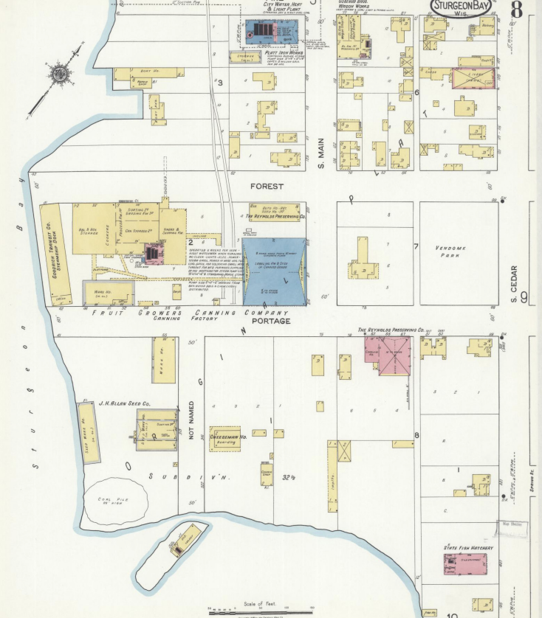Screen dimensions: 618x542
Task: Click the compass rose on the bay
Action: coord(58,74)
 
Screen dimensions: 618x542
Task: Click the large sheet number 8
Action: coord(515,10)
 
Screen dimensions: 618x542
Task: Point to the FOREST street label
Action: coord(267,187)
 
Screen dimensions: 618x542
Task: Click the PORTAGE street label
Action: coord(270,322)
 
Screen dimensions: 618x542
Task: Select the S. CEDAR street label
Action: coord(514,284)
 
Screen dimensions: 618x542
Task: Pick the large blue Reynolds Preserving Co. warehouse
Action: coord(274,271)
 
